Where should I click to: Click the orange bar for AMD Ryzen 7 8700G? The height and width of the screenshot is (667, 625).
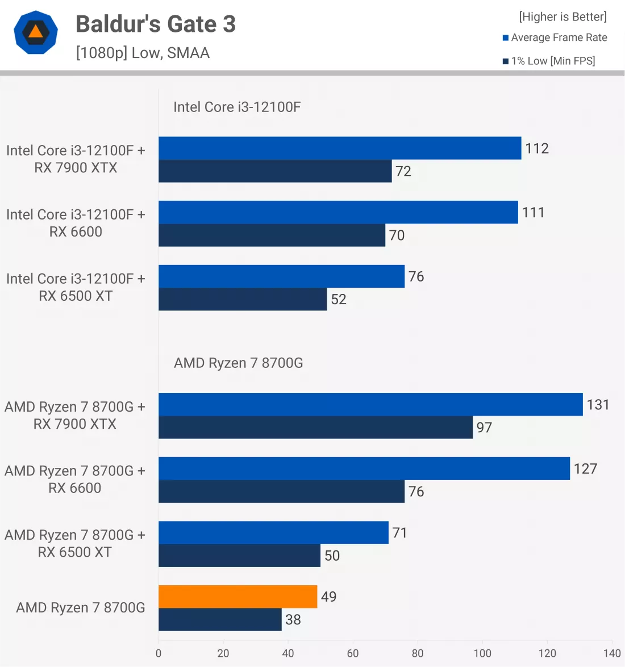238,596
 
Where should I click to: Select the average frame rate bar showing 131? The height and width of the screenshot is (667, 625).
370,404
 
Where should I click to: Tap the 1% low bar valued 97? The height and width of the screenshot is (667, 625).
315,428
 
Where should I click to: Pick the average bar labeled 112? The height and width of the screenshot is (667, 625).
340,148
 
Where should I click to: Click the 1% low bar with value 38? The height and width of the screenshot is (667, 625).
220,620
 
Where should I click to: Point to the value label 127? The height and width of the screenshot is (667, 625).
585,469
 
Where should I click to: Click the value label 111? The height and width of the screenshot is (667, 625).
533,213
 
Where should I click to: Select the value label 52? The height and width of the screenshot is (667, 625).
339,300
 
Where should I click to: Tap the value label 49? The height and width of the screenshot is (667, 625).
328,596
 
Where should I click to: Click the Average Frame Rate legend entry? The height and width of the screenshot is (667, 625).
555,38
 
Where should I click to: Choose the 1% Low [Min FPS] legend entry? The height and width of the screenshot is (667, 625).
549,61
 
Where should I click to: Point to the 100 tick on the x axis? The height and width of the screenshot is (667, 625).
482,653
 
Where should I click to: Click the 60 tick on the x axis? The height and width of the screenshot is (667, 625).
353,653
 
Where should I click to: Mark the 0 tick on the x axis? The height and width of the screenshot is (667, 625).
159,653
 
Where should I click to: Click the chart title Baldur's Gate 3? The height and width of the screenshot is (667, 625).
155,24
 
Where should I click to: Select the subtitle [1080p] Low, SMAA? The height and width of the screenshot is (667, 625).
143,53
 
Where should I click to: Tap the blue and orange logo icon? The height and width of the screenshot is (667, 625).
36,32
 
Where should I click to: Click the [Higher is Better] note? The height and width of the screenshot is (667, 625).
562,16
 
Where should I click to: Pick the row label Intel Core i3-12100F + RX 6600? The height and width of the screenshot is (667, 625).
76,223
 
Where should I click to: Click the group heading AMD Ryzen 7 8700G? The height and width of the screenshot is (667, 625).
238,363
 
